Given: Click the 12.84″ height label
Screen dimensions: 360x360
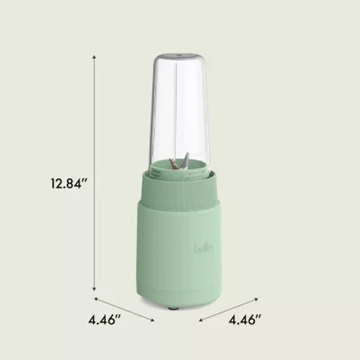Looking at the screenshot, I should (68, 184).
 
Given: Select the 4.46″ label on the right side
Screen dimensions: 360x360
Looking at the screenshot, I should (245, 320).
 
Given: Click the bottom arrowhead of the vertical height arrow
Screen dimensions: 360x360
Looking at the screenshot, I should (94, 290).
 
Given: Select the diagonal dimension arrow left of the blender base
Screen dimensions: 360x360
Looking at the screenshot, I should (124, 309).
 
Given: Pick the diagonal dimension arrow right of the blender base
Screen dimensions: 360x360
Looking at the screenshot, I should (229, 309).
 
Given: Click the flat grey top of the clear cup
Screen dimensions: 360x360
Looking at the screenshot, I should (179, 56).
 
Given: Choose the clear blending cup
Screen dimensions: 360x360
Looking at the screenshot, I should (179, 112).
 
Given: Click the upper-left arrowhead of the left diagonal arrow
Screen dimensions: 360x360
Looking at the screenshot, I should (96, 298).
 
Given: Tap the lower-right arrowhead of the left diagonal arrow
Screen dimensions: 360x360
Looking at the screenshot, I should (153, 320).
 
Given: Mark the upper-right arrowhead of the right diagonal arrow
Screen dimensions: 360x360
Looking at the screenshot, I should (257, 298).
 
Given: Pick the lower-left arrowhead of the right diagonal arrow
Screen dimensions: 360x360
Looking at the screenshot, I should (201, 320).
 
